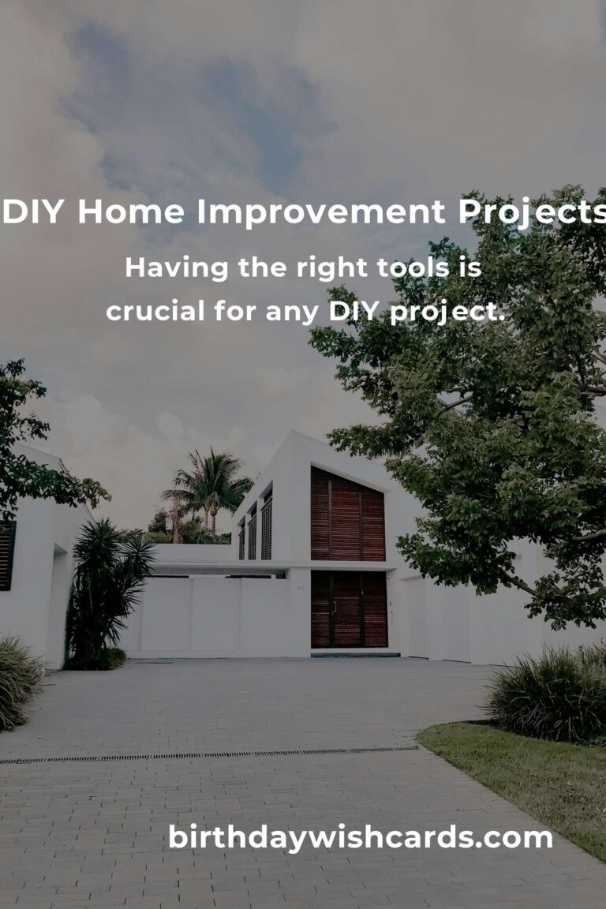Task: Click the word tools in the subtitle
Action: (413, 267)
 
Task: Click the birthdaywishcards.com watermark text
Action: (360, 837)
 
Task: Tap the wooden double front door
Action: (349, 609)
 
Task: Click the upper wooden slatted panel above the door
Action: (348, 514)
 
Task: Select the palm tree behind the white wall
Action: (207, 490)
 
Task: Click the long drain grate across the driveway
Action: (209, 754)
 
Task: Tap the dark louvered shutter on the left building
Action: (6, 555)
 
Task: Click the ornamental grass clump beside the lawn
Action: (545, 694)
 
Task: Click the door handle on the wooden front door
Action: (334, 608)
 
